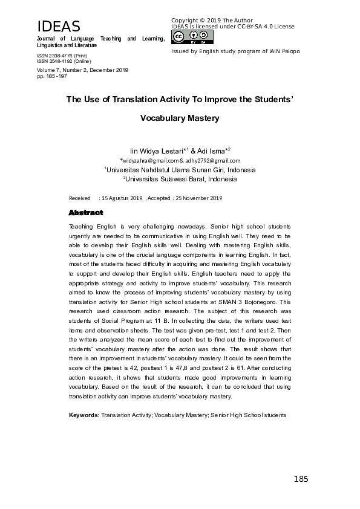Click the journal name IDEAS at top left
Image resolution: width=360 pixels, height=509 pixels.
[59, 27]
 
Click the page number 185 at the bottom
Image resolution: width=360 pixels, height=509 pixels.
[301, 479]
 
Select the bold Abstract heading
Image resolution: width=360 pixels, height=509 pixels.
[86, 213]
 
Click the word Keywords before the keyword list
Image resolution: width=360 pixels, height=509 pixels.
[83, 415]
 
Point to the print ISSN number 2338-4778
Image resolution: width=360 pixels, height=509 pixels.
[61, 55]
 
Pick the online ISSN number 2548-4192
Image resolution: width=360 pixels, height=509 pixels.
[61, 61]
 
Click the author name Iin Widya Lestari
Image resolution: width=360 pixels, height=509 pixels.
[152, 151]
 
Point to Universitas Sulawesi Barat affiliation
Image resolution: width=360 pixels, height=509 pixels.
[181, 179]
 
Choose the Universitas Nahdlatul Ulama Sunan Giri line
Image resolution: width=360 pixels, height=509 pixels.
[181, 170]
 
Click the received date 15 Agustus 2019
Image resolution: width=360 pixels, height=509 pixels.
[121, 198]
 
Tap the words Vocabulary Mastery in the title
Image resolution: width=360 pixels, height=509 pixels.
[180, 118]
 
